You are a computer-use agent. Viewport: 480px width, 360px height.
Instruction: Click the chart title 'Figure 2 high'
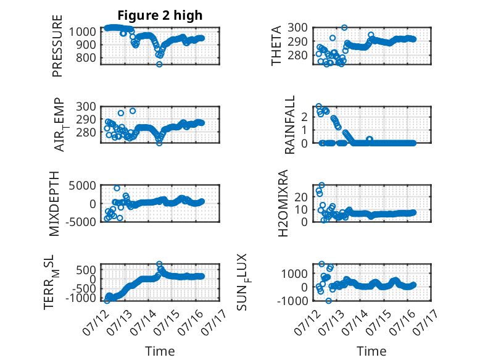[x=160, y=15]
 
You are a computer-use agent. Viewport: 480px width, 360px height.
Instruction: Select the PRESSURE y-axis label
[x=57, y=46]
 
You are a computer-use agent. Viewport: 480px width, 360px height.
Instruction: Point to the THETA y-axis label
[x=276, y=46]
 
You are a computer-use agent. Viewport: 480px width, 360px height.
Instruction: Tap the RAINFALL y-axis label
[x=289, y=125]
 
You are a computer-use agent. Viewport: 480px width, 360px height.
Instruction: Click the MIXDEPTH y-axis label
[x=54, y=203]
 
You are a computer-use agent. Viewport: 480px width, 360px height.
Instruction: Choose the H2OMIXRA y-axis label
[x=283, y=203]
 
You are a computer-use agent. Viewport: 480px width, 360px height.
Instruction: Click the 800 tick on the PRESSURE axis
[x=86, y=57]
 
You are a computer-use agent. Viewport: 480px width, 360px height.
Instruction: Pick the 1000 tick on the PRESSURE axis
[x=83, y=31]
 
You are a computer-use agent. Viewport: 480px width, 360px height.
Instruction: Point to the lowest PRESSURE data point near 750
[x=159, y=64]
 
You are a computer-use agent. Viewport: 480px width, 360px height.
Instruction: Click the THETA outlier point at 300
[x=344, y=28]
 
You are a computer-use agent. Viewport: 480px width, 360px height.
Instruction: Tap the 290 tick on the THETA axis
[x=298, y=41]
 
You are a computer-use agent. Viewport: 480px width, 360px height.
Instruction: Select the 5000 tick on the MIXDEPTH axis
[x=82, y=186]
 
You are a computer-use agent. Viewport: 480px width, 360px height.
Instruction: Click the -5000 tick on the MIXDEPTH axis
[x=80, y=222]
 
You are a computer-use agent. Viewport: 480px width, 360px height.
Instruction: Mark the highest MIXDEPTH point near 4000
[x=117, y=188]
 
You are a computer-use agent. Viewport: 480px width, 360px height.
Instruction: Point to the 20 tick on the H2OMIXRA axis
[x=301, y=197]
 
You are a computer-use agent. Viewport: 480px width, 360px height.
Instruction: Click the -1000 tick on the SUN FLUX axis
[x=292, y=301]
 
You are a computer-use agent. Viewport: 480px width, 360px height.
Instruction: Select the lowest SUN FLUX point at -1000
[x=328, y=301]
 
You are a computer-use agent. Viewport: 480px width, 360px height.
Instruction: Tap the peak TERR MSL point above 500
[x=159, y=264]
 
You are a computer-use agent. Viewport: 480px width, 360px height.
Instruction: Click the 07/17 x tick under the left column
[x=215, y=322]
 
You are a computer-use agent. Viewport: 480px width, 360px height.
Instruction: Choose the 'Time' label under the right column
[x=371, y=351]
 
